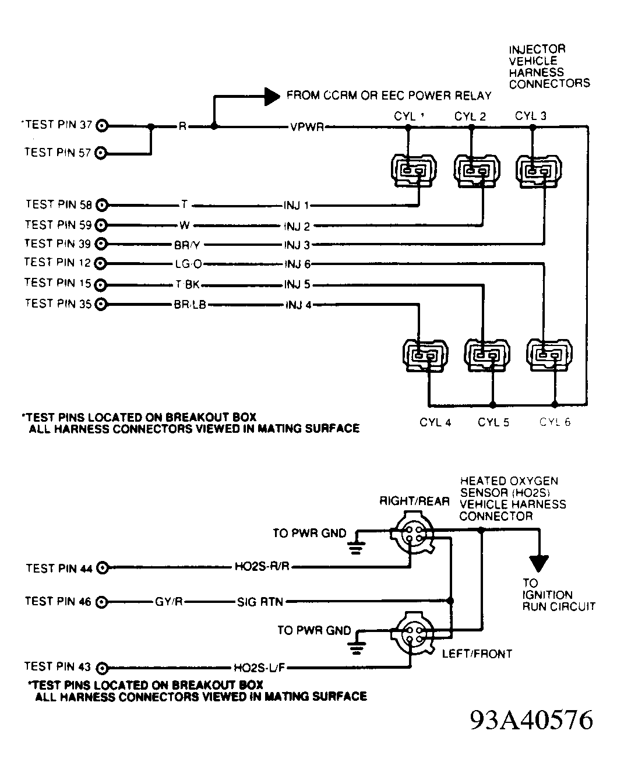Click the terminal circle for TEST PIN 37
(x=103, y=125)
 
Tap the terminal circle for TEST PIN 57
(x=101, y=153)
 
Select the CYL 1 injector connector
(x=413, y=171)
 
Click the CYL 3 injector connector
(x=538, y=171)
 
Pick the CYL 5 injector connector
(x=486, y=355)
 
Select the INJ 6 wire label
(x=297, y=264)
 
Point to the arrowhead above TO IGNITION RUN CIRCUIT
(x=539, y=563)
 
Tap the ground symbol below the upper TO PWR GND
(x=356, y=546)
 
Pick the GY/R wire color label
(x=169, y=602)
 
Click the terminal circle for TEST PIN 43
(x=103, y=668)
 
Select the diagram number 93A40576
(x=531, y=720)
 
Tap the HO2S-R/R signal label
(x=262, y=567)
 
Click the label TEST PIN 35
(x=58, y=303)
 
